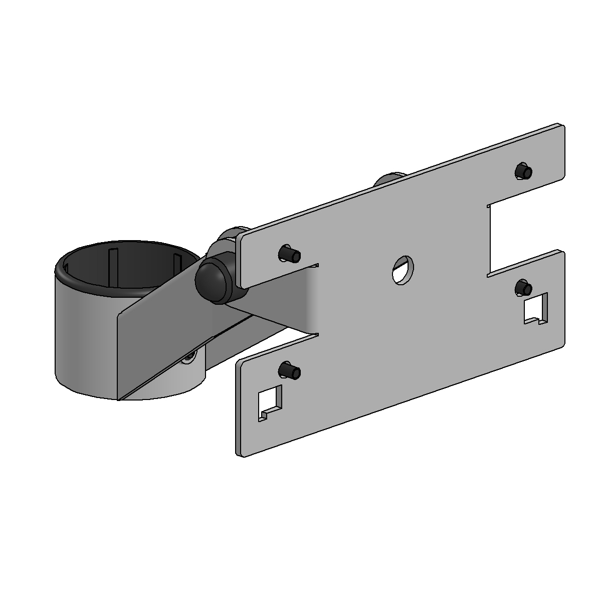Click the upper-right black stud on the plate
pyautogui.click(x=524, y=171)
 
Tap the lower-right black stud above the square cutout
pyautogui.click(x=524, y=289)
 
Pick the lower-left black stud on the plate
pyautogui.click(x=290, y=371)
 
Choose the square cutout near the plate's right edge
pyautogui.click(x=535, y=309)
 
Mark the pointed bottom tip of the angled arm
pyautogui.click(x=120, y=399)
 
